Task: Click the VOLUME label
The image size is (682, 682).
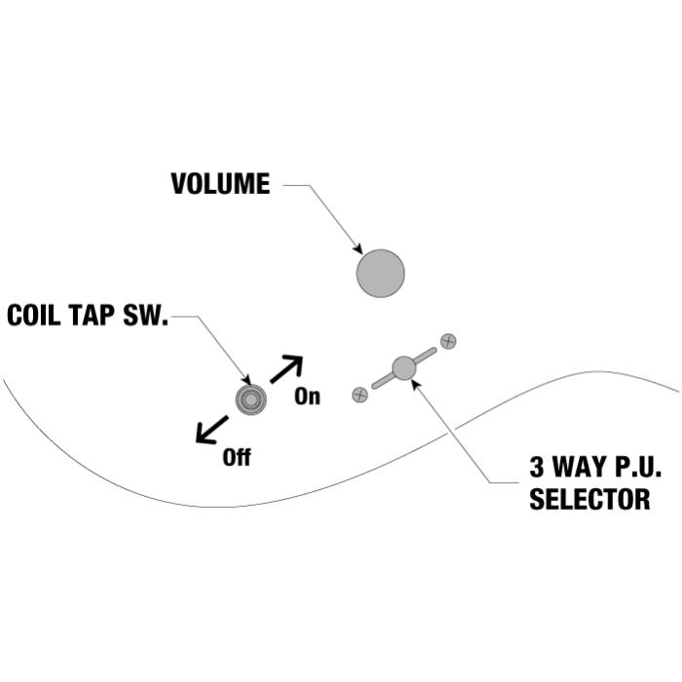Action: coord(220,184)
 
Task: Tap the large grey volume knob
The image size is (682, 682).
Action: coord(380,273)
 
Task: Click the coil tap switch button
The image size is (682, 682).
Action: coord(250,399)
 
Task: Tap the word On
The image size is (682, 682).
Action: coord(307,397)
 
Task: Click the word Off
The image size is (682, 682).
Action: coord(236,456)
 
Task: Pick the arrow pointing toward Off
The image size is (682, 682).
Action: coord(211,429)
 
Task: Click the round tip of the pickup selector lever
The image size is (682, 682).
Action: coord(403,368)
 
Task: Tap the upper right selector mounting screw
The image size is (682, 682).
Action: coord(448,341)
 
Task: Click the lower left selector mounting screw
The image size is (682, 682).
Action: coord(360,395)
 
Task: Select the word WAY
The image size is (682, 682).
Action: coord(584,467)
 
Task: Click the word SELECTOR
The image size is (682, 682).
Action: coord(589,500)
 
